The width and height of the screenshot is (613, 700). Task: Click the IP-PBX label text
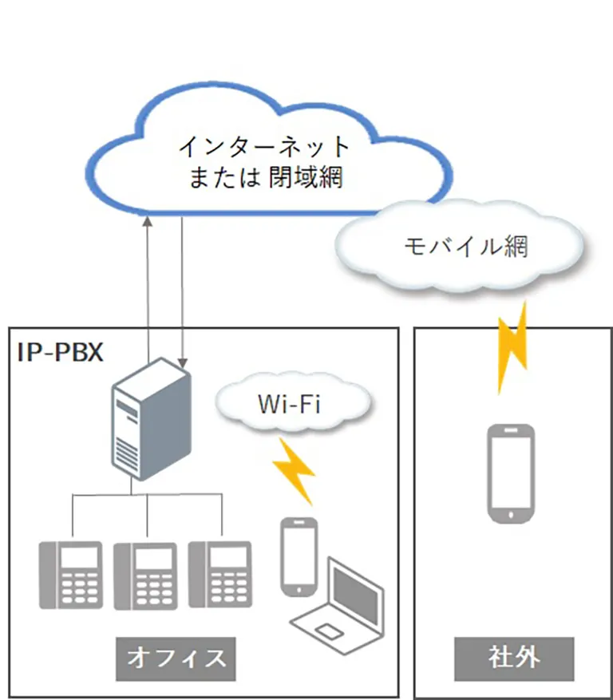[61, 352]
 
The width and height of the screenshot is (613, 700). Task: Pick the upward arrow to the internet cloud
[148, 279]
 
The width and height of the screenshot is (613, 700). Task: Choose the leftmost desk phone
[71, 575]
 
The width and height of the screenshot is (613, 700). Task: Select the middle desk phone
[144, 575]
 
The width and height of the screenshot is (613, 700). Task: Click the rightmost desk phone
[219, 575]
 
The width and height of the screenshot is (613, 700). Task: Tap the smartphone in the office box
[299, 556]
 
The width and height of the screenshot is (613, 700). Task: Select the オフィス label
[176, 658]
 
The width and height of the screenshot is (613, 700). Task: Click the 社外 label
[514, 658]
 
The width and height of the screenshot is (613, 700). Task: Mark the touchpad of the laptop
[327, 633]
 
